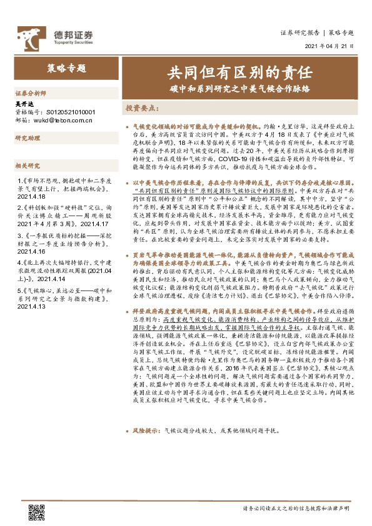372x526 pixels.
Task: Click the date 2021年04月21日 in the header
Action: tap(329, 46)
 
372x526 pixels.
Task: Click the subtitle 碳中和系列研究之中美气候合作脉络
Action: tap(239, 88)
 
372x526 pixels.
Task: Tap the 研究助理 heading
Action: tap(28, 137)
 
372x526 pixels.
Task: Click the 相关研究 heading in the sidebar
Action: tap(28, 166)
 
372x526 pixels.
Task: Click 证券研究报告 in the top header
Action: tap(299, 32)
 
